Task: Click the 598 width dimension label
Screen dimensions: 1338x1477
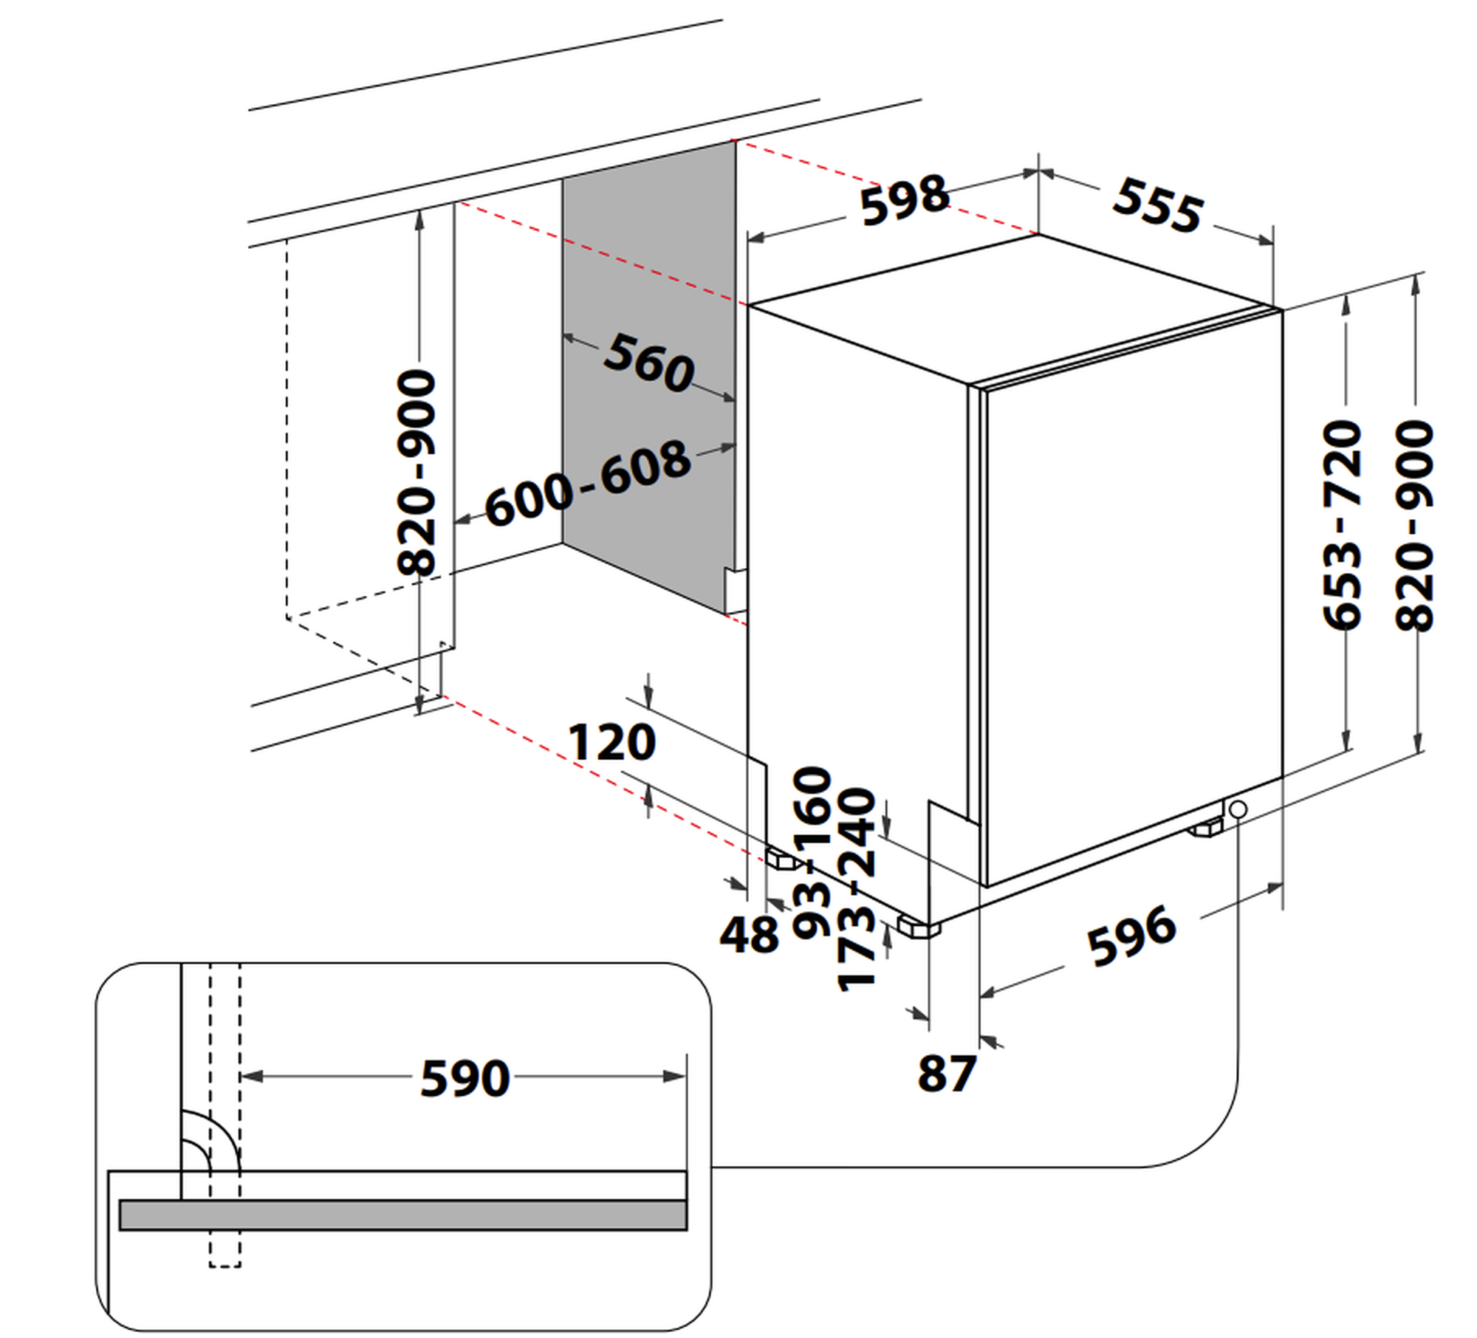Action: pos(904,200)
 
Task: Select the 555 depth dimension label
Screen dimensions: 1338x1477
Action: pos(1157,206)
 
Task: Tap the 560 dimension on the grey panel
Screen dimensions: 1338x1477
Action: pos(649,363)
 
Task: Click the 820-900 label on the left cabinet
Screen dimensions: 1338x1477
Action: pos(417,473)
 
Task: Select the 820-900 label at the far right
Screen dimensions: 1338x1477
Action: pos(1414,525)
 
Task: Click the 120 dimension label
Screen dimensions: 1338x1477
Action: pos(611,743)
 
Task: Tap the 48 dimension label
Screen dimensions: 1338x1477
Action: pos(749,934)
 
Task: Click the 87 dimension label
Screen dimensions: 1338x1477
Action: pos(947,1074)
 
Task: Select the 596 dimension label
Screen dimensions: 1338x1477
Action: pos(1131,936)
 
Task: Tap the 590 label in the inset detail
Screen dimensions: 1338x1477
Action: pos(465,1079)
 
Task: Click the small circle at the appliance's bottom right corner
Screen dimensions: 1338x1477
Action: pos(1238,810)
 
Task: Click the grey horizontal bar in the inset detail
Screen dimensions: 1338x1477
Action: pos(402,1215)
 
